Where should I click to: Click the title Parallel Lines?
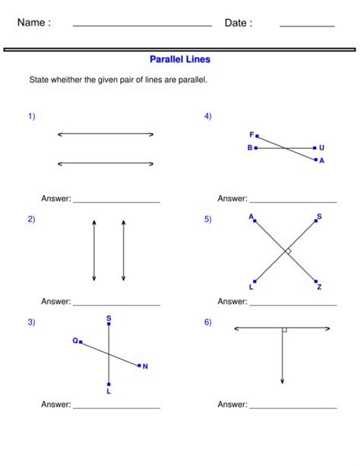(180, 59)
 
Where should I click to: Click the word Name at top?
(33, 23)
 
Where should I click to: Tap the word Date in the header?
(238, 23)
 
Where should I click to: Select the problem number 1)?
(32, 116)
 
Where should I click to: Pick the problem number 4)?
(207, 116)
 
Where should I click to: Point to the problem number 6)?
(207, 322)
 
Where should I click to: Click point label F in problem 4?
(251, 135)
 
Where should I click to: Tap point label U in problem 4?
(321, 147)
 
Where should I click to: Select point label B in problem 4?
(250, 147)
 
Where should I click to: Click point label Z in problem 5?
(320, 287)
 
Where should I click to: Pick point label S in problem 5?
(319, 217)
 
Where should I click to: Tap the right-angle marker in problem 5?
(288, 251)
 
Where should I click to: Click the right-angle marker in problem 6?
(284, 331)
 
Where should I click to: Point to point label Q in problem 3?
(76, 341)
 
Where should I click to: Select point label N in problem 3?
(145, 366)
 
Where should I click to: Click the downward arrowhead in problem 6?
(282, 380)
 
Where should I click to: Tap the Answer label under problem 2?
(55, 302)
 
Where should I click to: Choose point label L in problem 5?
(251, 287)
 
